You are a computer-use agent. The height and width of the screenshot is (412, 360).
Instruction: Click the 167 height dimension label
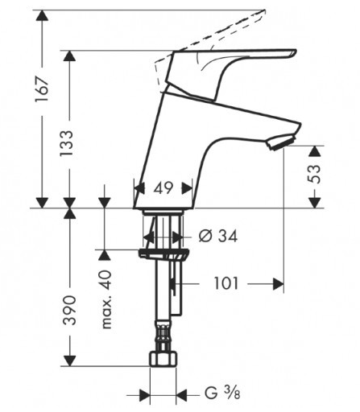pyautogui.click(x=42, y=89)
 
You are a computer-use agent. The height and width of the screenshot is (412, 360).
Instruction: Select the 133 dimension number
pyautogui.click(x=66, y=143)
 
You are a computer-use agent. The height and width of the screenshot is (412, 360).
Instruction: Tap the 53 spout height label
pyautogui.click(x=314, y=174)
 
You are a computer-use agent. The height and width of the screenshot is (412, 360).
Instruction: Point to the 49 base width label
pyautogui.click(x=163, y=187)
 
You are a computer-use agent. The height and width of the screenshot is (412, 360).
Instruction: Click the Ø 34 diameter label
pyautogui.click(x=218, y=237)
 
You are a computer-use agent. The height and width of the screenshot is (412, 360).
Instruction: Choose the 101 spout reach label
pyautogui.click(x=226, y=284)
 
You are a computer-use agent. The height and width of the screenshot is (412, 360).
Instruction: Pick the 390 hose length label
pyautogui.click(x=69, y=311)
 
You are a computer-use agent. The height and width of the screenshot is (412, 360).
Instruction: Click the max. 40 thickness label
pyautogui.click(x=106, y=299)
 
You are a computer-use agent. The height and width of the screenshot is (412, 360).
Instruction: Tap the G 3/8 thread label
pyautogui.click(x=222, y=393)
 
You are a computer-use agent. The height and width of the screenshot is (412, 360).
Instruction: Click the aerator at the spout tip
pyautogui.click(x=280, y=142)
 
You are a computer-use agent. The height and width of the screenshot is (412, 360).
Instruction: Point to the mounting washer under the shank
pyautogui.click(x=164, y=254)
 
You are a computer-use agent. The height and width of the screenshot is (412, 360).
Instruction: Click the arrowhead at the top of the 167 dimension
pyautogui.click(x=42, y=15)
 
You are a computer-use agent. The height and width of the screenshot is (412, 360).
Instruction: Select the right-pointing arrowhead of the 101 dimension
pyautogui.click(x=279, y=284)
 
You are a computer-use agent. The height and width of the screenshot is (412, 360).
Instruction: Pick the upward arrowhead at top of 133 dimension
pyautogui.click(x=69, y=56)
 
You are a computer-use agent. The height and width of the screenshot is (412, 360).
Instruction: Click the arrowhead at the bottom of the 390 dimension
pyautogui.click(x=69, y=360)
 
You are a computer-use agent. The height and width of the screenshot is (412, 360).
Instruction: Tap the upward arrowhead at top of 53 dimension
pyautogui.click(x=314, y=151)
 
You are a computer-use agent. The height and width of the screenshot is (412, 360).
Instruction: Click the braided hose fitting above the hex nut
pyautogui.click(x=163, y=336)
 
